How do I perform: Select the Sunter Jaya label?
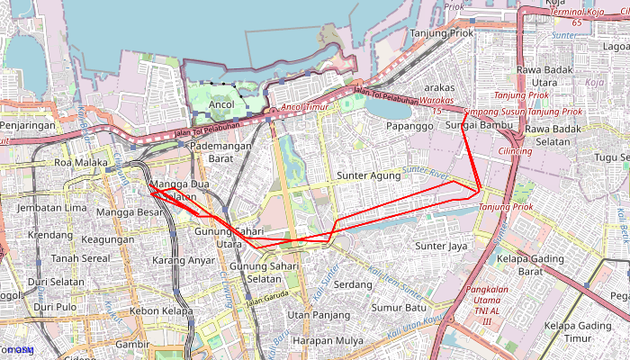[x=441, y=246]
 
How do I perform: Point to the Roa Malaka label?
[x=81, y=163]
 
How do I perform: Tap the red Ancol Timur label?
[x=304, y=107]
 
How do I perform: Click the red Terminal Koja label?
[x=579, y=13]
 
